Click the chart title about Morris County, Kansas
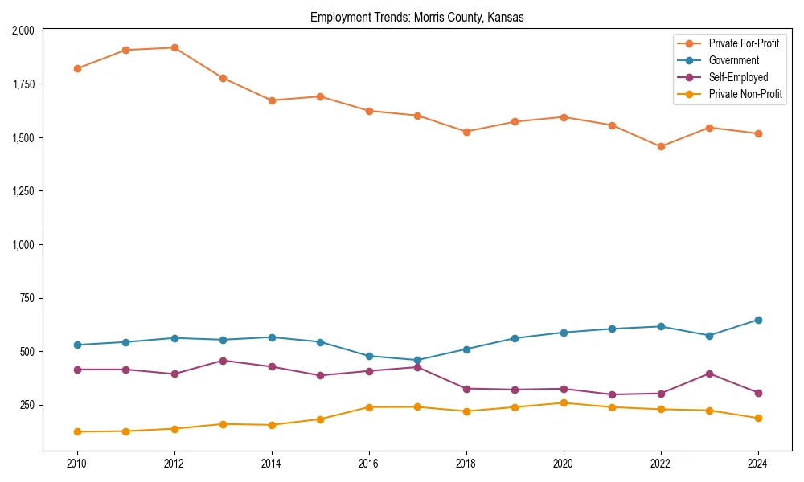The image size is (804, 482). pyautogui.click(x=417, y=17)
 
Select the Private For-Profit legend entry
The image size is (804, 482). pyautogui.click(x=744, y=43)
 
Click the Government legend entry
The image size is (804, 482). pyautogui.click(x=733, y=60)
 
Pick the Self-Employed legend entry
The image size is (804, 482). pyautogui.click(x=738, y=77)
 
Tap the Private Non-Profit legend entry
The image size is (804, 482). pyautogui.click(x=745, y=94)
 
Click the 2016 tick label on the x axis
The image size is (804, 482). pyautogui.click(x=369, y=464)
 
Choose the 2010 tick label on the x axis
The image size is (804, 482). pyautogui.click(x=77, y=464)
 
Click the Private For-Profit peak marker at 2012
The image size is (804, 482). pyautogui.click(x=174, y=47)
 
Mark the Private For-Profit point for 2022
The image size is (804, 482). pyautogui.click(x=661, y=146)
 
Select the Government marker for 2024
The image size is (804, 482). pyautogui.click(x=758, y=320)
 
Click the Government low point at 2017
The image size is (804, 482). pyautogui.click(x=417, y=360)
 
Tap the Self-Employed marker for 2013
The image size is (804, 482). pyautogui.click(x=223, y=361)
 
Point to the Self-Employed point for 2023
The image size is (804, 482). pyautogui.click(x=709, y=374)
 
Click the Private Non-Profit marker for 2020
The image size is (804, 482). pyautogui.click(x=564, y=402)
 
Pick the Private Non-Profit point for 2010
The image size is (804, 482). pyautogui.click(x=77, y=431)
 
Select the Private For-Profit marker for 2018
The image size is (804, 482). pyautogui.click(x=466, y=132)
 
